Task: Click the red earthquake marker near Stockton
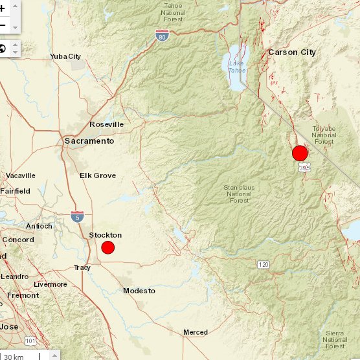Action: pos(108,247)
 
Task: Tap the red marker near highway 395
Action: pos(300,153)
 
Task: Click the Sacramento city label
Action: pos(89,141)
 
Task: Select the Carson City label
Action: pos(291,52)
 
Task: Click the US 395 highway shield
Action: pos(303,168)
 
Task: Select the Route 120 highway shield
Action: pos(262,265)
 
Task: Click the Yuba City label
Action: pos(65,56)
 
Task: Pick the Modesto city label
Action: pos(139,291)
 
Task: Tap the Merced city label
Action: pos(195,332)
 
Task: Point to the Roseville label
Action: pos(106,124)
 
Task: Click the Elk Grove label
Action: pos(98,175)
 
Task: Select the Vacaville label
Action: pos(21,175)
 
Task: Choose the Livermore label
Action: pos(51,284)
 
